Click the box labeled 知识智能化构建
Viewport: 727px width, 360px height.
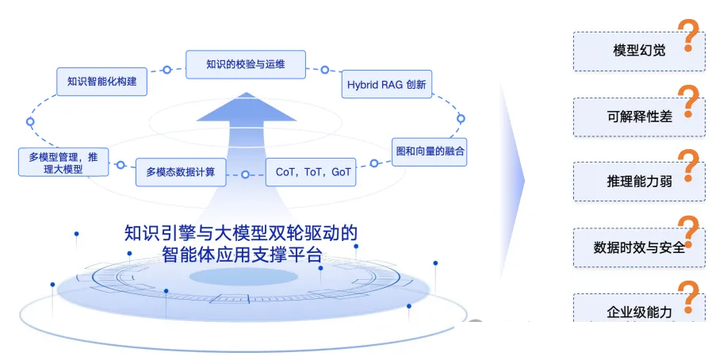point(102,82)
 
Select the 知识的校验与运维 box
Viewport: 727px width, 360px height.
point(246,64)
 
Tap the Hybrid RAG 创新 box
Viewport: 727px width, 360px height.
point(387,84)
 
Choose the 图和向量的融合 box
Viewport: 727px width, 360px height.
point(430,151)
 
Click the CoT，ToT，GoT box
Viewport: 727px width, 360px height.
point(311,172)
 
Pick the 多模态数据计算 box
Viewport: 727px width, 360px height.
point(181,172)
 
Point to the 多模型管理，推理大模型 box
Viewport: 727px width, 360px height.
point(63,163)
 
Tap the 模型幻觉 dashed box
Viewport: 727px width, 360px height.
point(639,52)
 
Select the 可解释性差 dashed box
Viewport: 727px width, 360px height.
point(639,117)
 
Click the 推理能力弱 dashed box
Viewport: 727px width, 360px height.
point(639,182)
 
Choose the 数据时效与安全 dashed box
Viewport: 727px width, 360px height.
point(639,247)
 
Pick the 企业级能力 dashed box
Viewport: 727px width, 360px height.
point(639,308)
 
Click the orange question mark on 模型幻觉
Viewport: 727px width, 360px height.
point(688,35)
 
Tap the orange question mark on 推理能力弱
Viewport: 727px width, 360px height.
point(688,166)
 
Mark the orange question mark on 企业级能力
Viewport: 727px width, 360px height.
point(688,297)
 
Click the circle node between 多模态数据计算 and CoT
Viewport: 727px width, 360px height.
point(245,174)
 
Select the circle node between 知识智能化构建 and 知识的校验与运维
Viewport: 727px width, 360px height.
point(167,70)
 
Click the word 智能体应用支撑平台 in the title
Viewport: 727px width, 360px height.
point(242,255)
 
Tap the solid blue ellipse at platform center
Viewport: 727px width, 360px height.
point(243,277)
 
